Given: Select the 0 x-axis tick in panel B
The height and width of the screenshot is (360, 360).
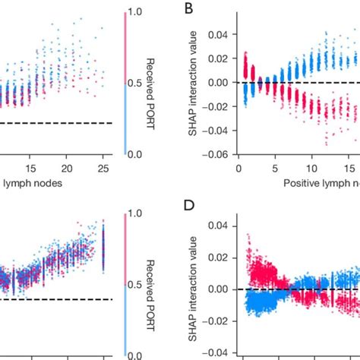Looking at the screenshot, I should click(x=238, y=167).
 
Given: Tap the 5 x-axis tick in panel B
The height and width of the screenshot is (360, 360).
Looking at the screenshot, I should click(x=276, y=167).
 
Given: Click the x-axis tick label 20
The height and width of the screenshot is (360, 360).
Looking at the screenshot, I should click(x=67, y=167).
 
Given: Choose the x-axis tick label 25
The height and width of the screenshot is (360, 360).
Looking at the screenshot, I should click(x=103, y=167).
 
